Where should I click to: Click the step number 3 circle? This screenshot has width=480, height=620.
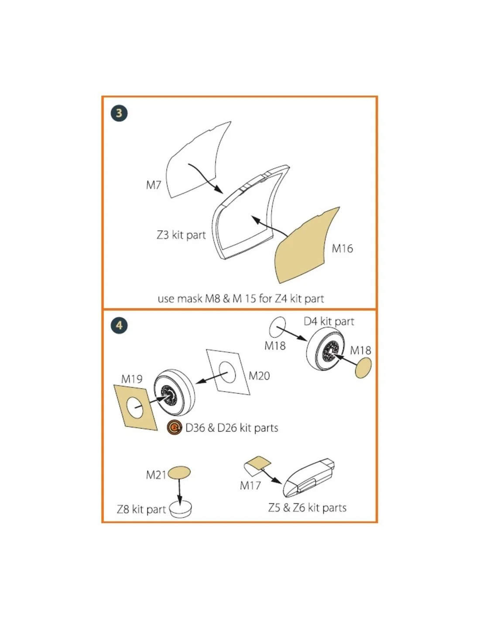click(119, 113)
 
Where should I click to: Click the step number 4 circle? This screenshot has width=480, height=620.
click(119, 325)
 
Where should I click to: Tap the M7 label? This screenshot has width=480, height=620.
click(154, 185)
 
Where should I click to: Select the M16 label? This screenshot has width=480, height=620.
click(342, 249)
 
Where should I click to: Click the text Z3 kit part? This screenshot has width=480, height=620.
click(182, 235)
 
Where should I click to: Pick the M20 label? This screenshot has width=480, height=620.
click(259, 376)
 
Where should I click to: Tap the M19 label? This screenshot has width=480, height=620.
click(132, 379)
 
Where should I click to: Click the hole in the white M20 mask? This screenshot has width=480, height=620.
click(227, 372)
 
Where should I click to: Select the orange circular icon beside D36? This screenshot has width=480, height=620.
click(175, 427)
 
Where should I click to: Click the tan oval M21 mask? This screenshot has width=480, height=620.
click(179, 473)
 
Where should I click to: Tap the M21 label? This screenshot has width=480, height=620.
click(156, 475)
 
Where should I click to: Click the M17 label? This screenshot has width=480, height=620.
click(250, 485)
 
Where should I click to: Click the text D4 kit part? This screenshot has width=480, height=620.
click(329, 322)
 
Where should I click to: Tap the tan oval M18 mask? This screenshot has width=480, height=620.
click(363, 368)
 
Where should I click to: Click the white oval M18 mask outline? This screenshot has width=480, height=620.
click(278, 327)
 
